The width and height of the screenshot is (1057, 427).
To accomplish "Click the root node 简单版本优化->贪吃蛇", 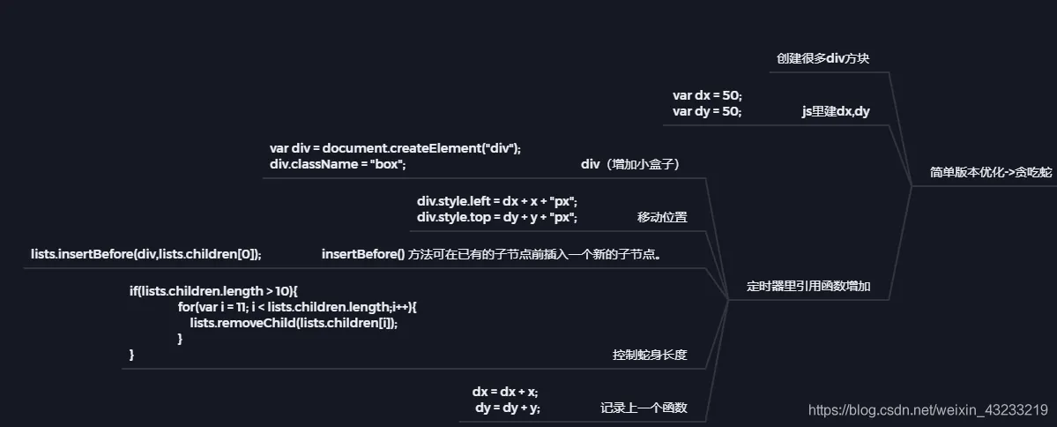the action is [x=991, y=172].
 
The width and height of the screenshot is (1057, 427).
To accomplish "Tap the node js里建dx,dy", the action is [x=836, y=112].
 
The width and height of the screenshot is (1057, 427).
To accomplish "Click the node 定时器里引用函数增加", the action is [x=808, y=286].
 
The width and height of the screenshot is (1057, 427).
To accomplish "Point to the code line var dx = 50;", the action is [x=707, y=95].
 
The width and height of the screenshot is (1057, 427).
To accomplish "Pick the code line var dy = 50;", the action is [x=707, y=112].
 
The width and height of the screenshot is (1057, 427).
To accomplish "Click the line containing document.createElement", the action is [x=395, y=148].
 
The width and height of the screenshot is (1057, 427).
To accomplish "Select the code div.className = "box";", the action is [x=338, y=165].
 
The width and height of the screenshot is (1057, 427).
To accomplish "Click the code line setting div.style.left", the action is [x=497, y=201].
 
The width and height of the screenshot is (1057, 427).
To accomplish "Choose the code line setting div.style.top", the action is [x=497, y=217].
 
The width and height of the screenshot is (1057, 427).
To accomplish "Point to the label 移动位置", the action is [x=662, y=217].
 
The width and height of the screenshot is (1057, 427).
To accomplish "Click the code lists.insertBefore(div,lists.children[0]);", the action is [x=146, y=254].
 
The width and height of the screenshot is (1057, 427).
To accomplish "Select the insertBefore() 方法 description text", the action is [x=491, y=254].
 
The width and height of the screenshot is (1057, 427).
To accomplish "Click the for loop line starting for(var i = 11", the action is [x=297, y=306].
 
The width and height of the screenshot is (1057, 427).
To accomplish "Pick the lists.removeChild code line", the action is [x=294, y=322].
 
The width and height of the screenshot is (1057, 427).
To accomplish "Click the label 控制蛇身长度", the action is [x=650, y=356].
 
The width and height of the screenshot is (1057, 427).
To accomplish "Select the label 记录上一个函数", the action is [x=644, y=408].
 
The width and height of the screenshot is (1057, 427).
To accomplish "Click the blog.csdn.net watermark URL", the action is [x=927, y=409].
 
